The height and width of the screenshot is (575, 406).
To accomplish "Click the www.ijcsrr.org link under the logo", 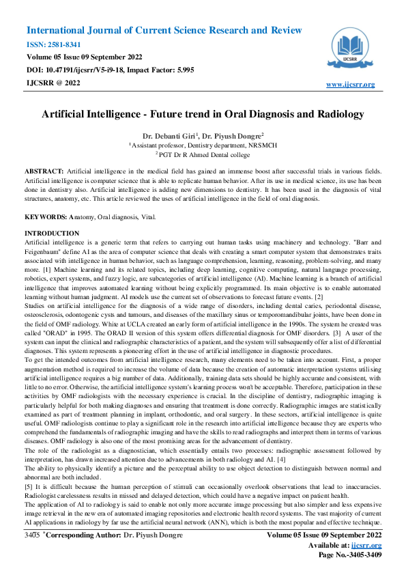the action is click(x=351, y=84).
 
